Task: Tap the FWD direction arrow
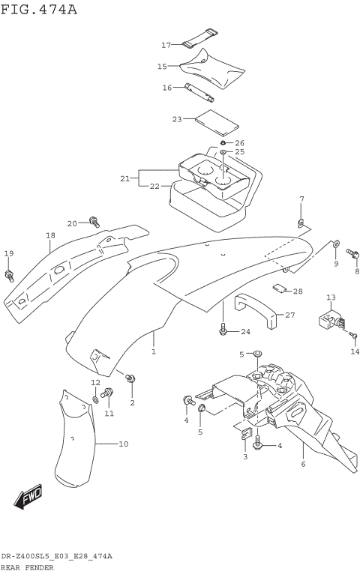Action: click(x=28, y=496)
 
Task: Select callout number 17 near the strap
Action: click(x=166, y=45)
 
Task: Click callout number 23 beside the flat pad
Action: click(x=177, y=119)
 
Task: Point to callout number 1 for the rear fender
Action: click(x=153, y=351)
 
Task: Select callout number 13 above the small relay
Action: click(x=331, y=298)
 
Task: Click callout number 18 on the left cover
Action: click(x=49, y=235)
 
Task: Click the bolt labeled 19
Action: click(x=9, y=276)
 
